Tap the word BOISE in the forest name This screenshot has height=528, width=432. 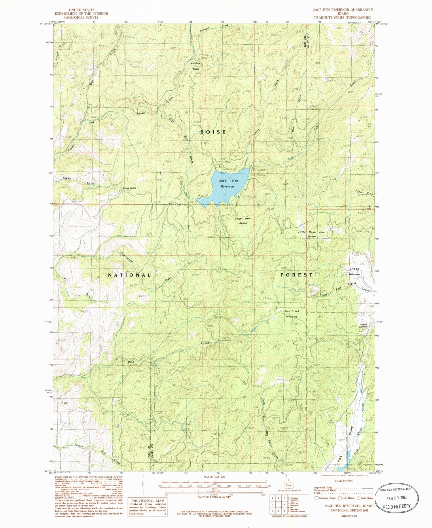click(x=213, y=132)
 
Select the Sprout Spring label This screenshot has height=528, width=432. click(x=129, y=188)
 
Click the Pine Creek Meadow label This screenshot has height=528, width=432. click(x=292, y=314)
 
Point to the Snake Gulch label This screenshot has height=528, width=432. click(x=79, y=181)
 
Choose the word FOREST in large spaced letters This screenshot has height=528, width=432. click(x=296, y=275)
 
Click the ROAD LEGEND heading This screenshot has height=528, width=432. click(x=343, y=481)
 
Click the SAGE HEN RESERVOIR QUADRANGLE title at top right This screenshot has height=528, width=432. click(x=343, y=10)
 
